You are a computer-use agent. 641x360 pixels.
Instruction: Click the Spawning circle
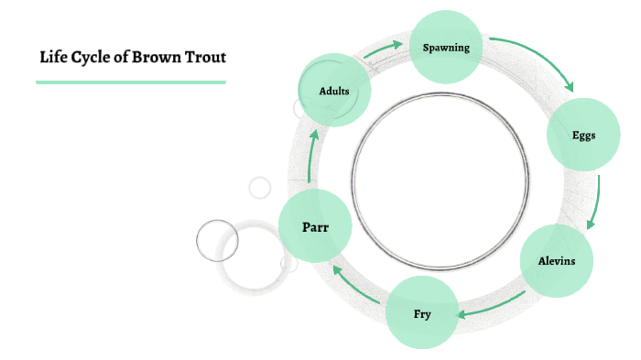(446, 47)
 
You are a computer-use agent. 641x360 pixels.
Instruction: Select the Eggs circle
(583, 136)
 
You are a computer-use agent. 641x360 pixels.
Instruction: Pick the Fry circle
(421, 314)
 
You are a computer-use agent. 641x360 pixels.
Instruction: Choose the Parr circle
(315, 226)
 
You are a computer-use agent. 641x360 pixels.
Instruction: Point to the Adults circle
(334, 91)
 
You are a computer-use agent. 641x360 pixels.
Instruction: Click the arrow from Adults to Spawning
(384, 49)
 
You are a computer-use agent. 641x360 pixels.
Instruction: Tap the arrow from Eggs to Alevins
(596, 202)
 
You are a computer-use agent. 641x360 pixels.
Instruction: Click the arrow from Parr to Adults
(312, 156)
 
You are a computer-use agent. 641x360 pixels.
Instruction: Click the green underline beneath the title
(130, 82)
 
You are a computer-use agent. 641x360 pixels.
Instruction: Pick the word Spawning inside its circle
(446, 48)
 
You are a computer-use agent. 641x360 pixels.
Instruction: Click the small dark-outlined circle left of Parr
(217, 241)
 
